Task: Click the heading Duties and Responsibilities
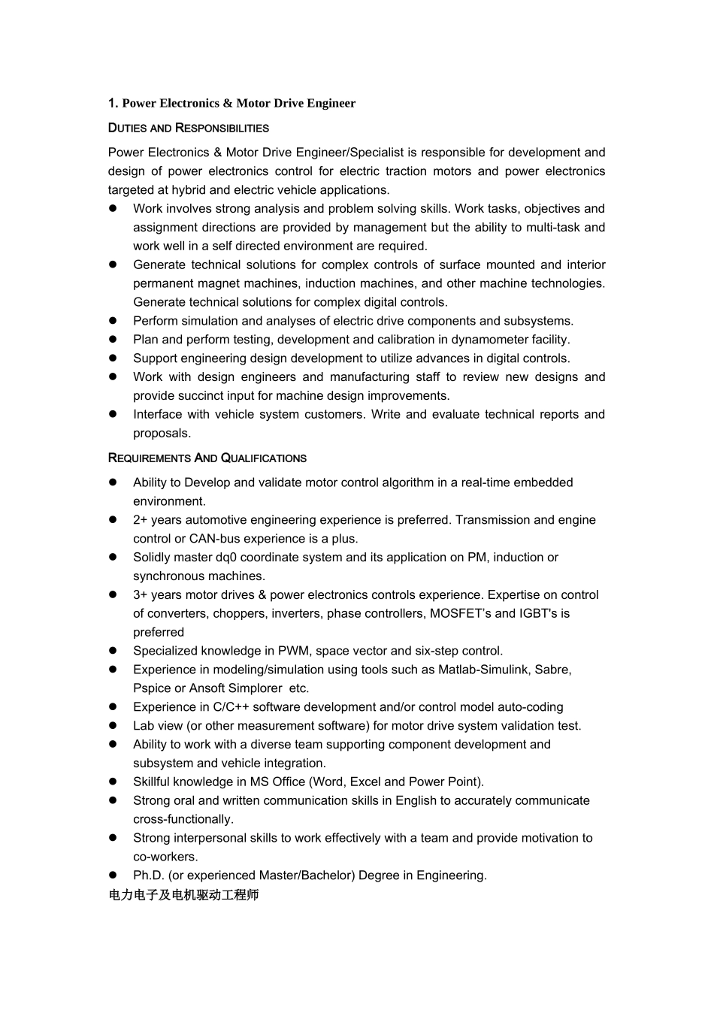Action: [x=188, y=128]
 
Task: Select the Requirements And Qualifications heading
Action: [x=207, y=458]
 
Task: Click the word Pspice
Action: [x=152, y=688]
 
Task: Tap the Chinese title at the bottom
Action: [x=183, y=895]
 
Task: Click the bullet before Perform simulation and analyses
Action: [x=113, y=321]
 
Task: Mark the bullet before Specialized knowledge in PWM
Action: [x=113, y=651]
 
